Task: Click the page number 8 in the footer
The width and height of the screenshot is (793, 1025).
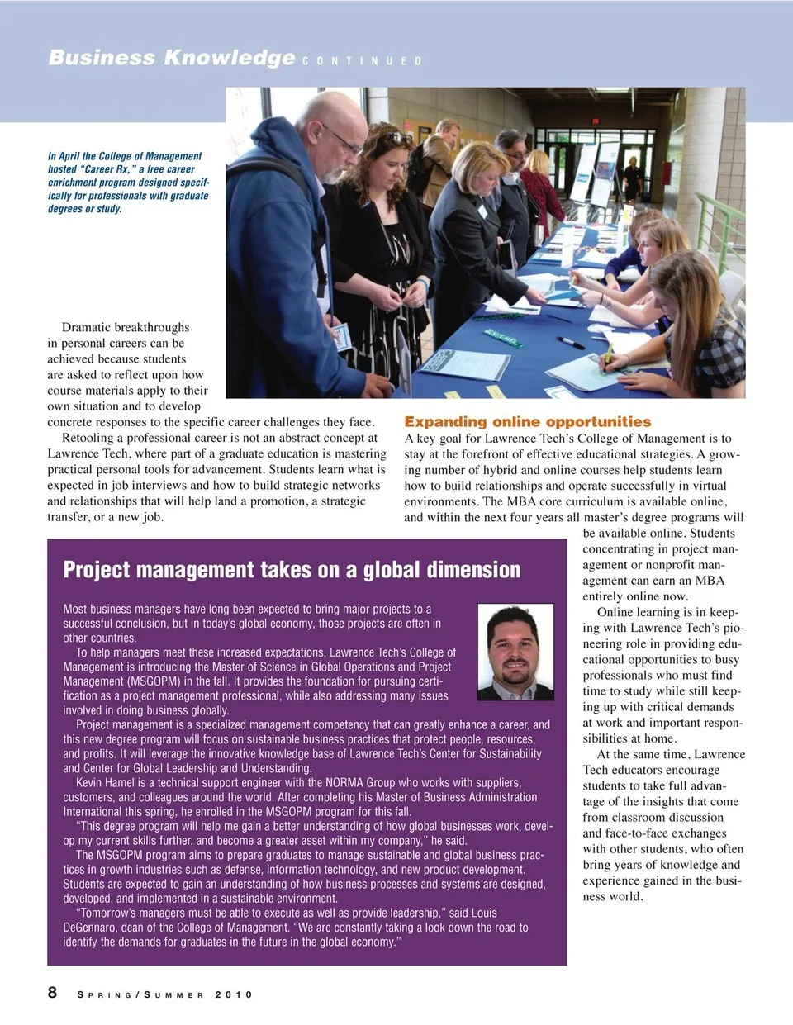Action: (x=53, y=992)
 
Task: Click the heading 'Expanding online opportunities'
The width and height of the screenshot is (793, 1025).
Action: (x=527, y=422)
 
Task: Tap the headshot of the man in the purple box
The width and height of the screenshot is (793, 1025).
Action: (x=515, y=652)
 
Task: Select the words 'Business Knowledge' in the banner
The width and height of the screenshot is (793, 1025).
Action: (x=171, y=57)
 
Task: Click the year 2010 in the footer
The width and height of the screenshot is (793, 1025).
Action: (x=234, y=994)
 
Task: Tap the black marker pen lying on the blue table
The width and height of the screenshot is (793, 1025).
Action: (x=570, y=341)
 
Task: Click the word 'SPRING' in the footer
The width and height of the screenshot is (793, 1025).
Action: (x=105, y=994)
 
